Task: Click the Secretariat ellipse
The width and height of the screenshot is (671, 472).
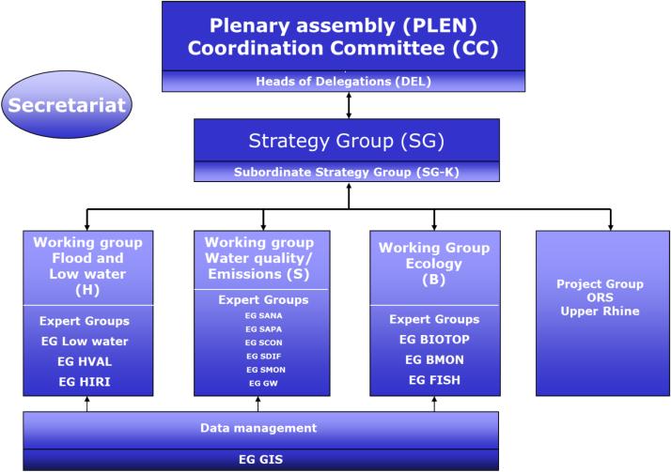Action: point(67,105)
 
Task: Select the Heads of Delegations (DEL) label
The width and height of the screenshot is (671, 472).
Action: point(343,81)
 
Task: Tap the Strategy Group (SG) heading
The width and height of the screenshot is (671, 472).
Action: point(347,141)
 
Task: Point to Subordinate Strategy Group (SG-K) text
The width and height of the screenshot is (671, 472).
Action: point(347,172)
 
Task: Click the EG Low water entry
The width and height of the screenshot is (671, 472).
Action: point(85,342)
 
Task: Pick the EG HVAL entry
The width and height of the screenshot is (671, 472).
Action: point(85,361)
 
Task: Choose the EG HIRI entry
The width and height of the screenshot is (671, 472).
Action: point(85,381)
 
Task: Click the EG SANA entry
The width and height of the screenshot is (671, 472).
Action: point(263,315)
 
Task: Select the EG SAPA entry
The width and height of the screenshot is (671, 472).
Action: point(263,329)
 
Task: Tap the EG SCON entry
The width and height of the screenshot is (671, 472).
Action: point(263,343)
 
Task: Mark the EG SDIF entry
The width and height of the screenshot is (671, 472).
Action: point(263,357)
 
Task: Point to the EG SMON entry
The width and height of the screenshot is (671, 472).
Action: point(266,370)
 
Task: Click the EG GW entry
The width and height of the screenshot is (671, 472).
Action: point(263,384)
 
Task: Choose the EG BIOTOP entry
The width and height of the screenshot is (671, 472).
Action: point(434,339)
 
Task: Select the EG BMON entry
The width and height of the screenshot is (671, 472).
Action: point(434,359)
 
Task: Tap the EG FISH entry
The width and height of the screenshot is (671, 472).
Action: point(434,380)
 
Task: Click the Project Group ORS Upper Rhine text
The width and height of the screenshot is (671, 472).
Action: point(600,297)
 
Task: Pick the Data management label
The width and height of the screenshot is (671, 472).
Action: point(258,428)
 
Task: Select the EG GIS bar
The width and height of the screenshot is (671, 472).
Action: point(260,460)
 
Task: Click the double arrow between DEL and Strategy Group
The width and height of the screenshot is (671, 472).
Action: point(349,105)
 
